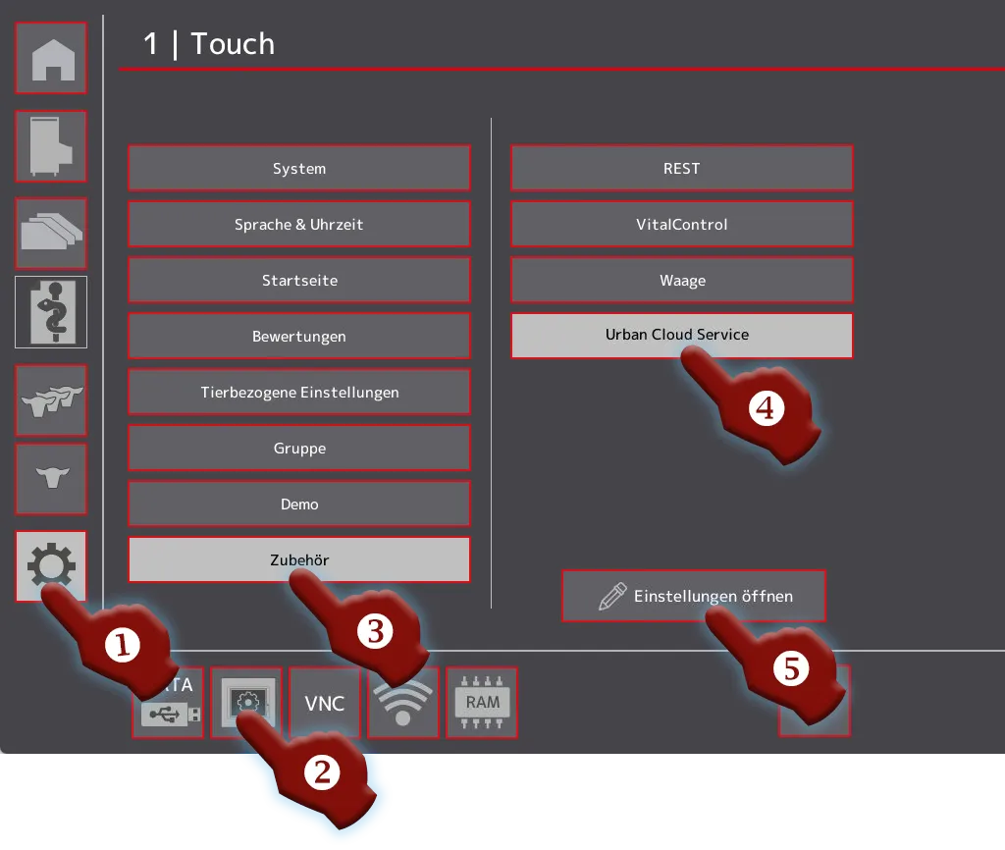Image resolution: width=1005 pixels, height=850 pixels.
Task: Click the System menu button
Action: coord(299,168)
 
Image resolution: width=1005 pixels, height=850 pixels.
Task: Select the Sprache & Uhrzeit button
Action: coord(299,225)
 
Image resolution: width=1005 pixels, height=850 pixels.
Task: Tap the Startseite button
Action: coord(299,280)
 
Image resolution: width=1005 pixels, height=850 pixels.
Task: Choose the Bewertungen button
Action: coord(299,336)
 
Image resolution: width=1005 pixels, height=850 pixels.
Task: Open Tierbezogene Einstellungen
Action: coord(299,392)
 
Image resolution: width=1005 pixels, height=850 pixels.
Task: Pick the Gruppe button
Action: coord(299,449)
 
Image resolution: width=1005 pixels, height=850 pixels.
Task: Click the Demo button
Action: coord(299,504)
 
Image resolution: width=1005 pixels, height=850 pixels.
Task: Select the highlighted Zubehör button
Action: coord(299,559)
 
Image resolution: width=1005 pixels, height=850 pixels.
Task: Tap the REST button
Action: coord(682,168)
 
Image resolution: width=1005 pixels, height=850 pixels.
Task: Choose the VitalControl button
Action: coord(682,225)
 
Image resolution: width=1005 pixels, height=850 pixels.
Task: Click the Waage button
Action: coord(682,280)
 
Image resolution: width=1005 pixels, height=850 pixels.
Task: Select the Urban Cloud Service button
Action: coord(682,336)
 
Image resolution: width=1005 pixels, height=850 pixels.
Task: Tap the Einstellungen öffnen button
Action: coord(694,596)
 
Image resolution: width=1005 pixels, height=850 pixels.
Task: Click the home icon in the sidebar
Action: coord(51,58)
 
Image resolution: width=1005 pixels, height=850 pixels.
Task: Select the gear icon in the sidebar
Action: coord(51,566)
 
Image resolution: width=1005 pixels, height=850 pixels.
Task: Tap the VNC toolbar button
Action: coord(325,703)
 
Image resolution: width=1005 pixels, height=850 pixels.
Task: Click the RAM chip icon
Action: coord(482,703)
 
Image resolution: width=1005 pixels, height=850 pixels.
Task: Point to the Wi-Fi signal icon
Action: coord(403,703)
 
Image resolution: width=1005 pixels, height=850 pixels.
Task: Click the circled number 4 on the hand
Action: coord(766,408)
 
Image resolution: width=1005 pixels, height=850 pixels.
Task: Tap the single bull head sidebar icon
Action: coord(51,478)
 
